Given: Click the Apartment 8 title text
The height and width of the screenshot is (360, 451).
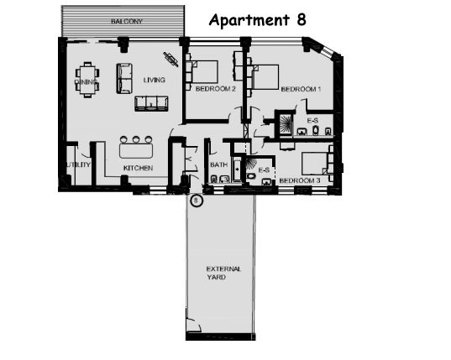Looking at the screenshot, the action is pos(258,20).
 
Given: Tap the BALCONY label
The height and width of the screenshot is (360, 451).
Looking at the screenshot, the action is pos(127,21).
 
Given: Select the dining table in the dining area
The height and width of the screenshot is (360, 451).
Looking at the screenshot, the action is pos(87,80).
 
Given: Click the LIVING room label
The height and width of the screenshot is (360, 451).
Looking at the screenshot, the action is pos(155,80).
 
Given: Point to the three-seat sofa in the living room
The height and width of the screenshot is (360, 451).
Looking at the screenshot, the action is pos(151,104).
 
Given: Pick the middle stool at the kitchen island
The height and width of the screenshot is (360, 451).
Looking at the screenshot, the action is pos(136,139).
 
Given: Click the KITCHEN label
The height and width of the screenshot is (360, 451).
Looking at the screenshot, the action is pos(138,168).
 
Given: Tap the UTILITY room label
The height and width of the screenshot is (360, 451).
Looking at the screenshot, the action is pos(78,164).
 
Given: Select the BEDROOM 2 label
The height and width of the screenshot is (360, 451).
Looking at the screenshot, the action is pos(216,89).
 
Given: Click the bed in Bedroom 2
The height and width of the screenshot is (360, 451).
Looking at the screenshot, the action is pos(204,72).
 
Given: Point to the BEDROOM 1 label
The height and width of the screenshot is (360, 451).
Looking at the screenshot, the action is pos(301,89).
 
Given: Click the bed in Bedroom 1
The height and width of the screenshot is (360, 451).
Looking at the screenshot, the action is pos(265,77).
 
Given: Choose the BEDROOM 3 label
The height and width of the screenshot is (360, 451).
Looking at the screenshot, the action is pos(300,180).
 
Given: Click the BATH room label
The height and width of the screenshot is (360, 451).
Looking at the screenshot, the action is pos(219,165).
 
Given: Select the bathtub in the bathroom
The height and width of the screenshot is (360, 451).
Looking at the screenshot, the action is pos(238,170).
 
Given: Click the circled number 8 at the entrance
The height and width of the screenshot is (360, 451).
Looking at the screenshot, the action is pos(197,201).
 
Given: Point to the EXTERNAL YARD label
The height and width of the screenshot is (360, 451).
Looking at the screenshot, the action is pos(223,274).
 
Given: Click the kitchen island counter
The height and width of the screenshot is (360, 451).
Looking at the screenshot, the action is pos(136,151).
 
